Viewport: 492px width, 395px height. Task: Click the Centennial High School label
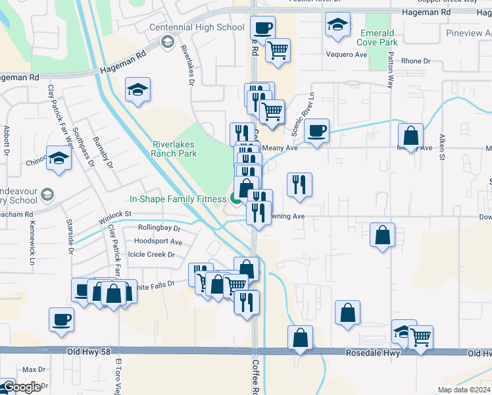tap(197, 28)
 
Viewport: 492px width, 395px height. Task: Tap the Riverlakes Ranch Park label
tap(174, 149)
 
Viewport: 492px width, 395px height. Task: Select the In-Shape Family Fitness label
tap(177, 198)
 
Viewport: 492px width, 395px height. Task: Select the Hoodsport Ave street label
tap(157, 242)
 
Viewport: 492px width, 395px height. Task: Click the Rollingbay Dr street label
tap(159, 228)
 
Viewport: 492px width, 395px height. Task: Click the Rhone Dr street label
tap(415, 61)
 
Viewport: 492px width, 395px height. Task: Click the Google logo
tap(21, 387)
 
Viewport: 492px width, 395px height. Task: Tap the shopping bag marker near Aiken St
tap(410, 136)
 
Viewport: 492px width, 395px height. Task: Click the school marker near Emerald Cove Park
tap(337, 25)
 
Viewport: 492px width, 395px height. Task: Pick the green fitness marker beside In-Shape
tap(235, 199)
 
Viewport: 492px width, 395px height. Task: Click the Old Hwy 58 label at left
tap(89, 352)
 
